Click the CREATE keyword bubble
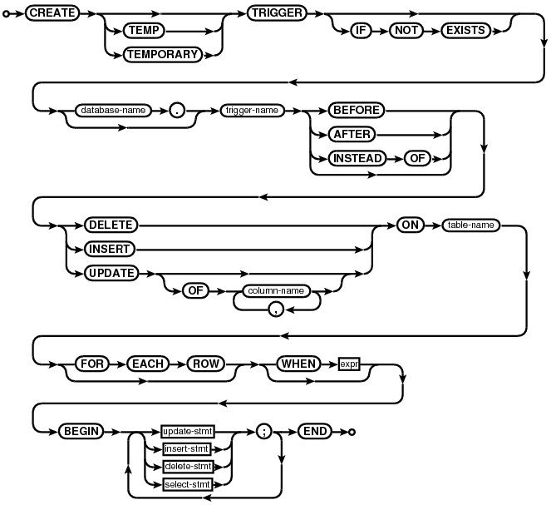pyautogui.click(x=53, y=15)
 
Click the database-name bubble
pyautogui.click(x=107, y=109)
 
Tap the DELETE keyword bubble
pyautogui.click(x=110, y=225)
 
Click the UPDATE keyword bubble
pyautogui.click(x=111, y=271)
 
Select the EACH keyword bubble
pyautogui.click(x=149, y=364)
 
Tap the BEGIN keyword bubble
pyautogui.click(x=80, y=432)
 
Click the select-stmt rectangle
pyautogui.click(x=186, y=483)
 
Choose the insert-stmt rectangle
pyautogui.click(x=186, y=449)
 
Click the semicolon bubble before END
pyautogui.click(x=265, y=432)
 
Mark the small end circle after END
pyautogui.click(x=352, y=432)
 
